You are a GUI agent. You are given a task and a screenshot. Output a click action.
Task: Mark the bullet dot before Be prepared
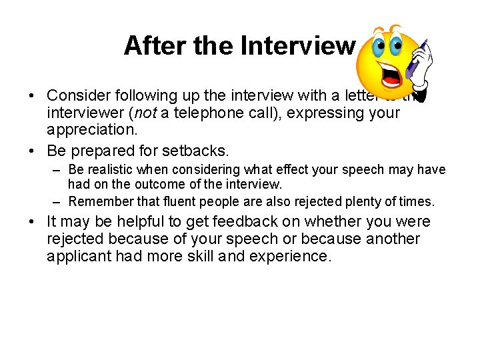(33, 147)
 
